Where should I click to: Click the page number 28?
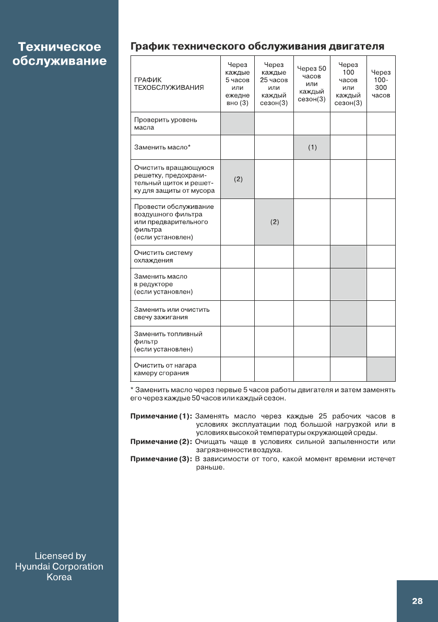pos(417,601)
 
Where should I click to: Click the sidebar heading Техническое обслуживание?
pos(59,54)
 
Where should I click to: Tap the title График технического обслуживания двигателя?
pos(257,46)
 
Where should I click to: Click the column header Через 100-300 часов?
pos(381,84)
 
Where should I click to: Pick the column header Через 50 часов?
pos(311,84)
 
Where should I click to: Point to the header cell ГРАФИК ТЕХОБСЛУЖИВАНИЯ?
pos(168,84)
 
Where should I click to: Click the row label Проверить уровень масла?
pos(165,123)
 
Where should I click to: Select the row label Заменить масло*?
pos(162,147)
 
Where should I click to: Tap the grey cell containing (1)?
pos(312,147)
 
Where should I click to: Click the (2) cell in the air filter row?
pos(274,222)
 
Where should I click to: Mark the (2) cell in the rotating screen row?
pos(238,179)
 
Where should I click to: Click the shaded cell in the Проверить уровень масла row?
pos(238,123)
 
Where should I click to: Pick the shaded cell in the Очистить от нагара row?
pos(381,369)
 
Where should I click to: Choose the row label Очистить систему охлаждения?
pos(163,256)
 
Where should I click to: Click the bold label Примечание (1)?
pos(161,416)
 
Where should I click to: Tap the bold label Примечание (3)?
pos(161,459)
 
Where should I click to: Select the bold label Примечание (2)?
pos(161,442)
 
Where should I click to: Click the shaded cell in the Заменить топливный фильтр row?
pos(348,341)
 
